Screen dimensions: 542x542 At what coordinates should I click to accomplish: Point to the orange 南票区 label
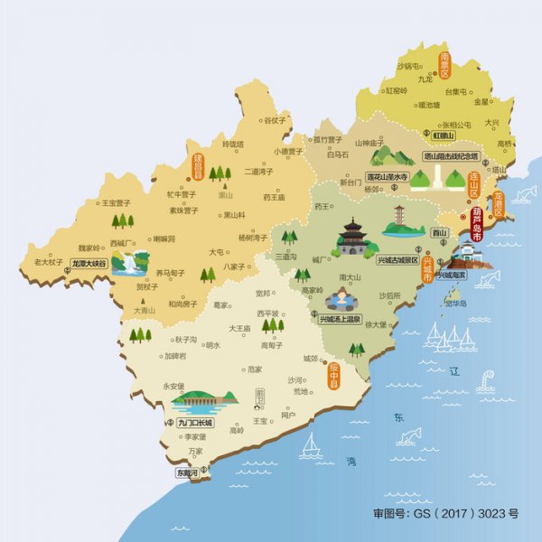point(445,65)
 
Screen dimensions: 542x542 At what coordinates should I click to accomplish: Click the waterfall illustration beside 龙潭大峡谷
point(135,263)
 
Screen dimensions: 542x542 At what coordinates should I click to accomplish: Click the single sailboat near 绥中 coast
point(311,444)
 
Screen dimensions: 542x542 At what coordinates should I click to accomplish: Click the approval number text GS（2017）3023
point(446,513)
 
